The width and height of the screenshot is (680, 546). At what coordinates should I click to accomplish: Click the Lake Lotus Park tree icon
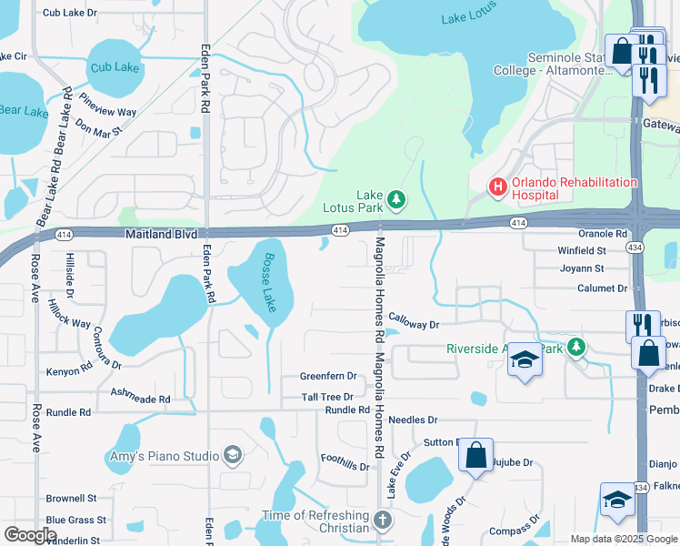(395, 197)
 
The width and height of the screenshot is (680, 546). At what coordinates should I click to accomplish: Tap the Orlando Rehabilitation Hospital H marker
(497, 187)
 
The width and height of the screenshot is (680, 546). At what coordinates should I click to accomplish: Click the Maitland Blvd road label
(161, 234)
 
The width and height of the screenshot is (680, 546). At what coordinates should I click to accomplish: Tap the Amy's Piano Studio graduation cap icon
(233, 455)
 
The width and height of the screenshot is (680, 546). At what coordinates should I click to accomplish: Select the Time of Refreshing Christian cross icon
(383, 521)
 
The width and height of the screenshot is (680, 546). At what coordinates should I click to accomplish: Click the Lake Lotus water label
(466, 18)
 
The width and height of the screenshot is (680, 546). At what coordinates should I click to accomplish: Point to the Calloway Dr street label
(414, 321)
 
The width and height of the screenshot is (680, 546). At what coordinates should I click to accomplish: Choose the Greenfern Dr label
(328, 376)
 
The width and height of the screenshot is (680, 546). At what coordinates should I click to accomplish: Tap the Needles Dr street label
(413, 420)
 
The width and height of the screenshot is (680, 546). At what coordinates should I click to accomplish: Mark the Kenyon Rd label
(69, 371)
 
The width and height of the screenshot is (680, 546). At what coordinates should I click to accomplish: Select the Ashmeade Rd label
(140, 399)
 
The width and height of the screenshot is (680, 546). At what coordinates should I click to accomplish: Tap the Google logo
(30, 535)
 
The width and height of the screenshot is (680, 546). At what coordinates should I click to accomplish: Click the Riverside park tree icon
(575, 347)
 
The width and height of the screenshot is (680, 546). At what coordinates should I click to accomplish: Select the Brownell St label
(71, 498)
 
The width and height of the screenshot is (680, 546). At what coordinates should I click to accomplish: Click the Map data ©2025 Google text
(623, 538)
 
